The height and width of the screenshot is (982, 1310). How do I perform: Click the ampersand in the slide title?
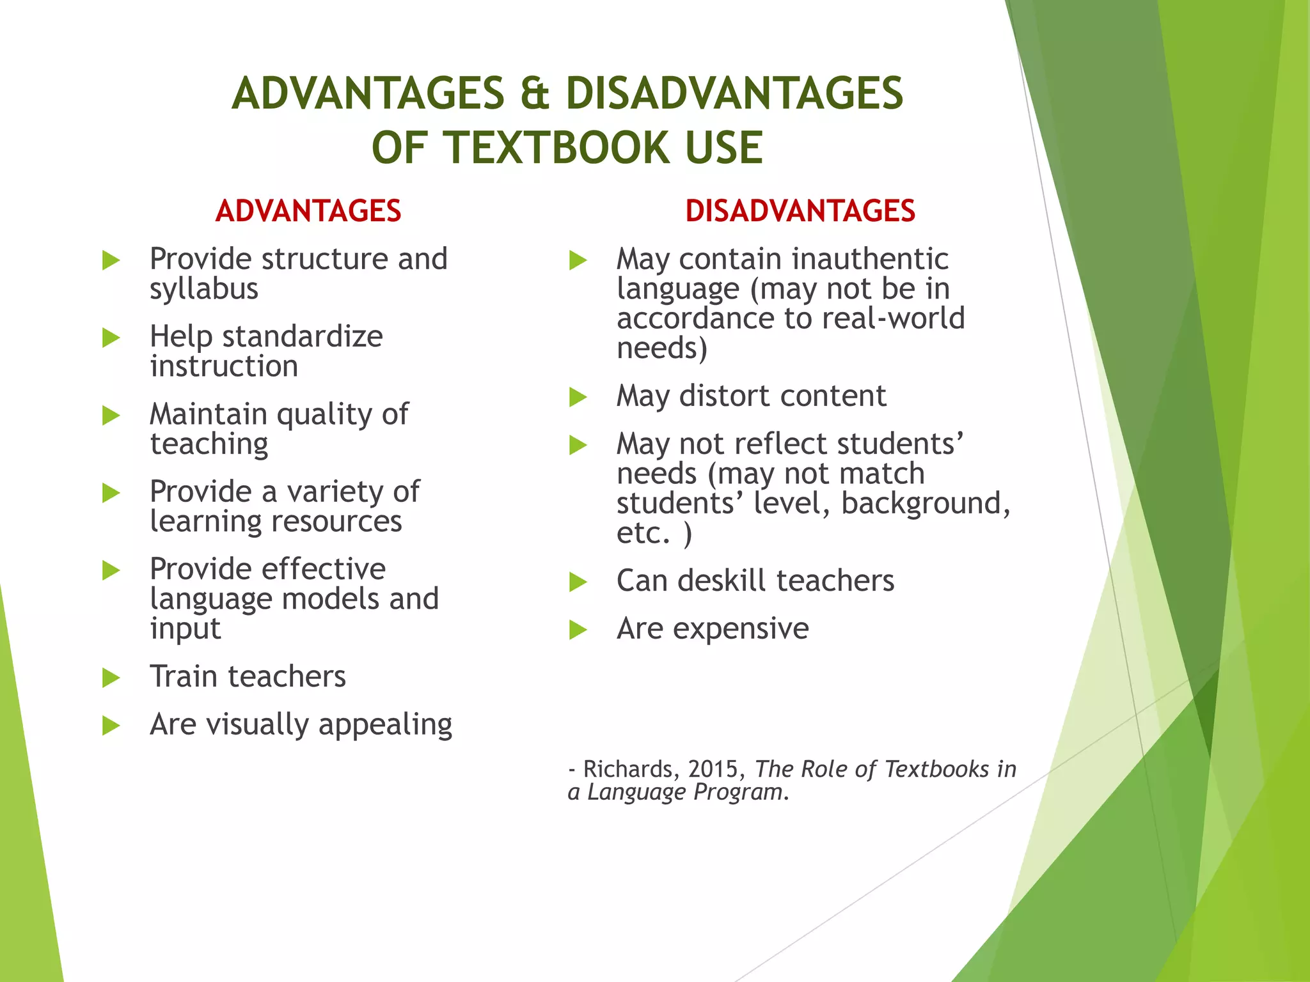535,94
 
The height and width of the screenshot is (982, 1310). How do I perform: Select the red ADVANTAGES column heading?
308,211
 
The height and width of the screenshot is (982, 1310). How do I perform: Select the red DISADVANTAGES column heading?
800,211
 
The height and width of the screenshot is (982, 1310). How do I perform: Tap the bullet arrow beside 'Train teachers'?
111,678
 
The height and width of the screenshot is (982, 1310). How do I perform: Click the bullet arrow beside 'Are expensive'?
578,630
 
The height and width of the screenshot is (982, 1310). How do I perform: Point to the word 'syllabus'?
204,289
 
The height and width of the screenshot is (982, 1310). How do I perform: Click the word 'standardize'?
303,336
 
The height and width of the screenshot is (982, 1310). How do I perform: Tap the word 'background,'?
926,503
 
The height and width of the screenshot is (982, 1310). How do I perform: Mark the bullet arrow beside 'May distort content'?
578,397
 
